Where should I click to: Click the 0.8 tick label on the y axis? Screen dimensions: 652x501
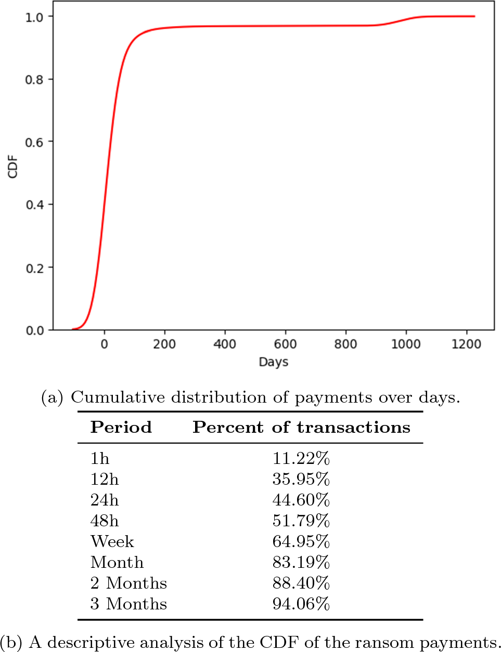34,79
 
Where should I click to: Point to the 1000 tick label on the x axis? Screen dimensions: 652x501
406,344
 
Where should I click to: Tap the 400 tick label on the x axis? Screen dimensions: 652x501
225,344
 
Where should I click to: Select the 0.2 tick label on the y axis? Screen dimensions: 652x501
34,268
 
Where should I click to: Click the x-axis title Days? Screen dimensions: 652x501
273,362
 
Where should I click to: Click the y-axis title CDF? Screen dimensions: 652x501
13,167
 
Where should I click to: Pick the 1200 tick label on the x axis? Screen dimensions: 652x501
466,344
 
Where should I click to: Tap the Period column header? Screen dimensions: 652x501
121,427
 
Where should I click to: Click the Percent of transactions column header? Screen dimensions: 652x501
301,427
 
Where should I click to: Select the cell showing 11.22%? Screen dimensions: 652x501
301,458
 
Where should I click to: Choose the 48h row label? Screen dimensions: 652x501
104,521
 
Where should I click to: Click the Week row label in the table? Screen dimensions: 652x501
112,541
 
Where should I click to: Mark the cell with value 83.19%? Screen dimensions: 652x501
301,562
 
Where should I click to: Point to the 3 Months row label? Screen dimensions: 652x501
129,604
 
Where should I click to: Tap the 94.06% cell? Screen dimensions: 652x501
301,604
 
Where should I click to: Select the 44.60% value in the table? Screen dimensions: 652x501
301,500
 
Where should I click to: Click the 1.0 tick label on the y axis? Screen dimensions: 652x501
34,17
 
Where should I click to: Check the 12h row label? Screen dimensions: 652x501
104,479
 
